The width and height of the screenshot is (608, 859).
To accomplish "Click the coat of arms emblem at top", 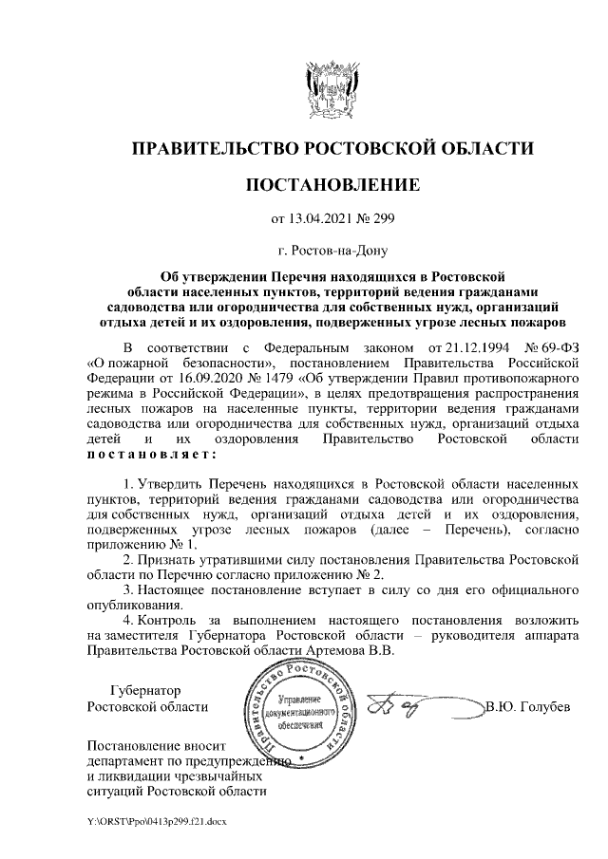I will tap(332, 88).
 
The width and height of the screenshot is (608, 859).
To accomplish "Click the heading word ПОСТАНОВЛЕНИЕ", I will tap(332, 183).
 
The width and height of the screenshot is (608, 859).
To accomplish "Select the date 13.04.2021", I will tap(319, 219).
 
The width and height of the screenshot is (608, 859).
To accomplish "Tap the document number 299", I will tap(381, 219).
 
